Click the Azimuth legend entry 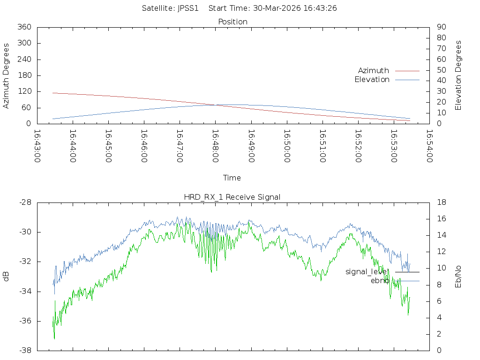(374, 71)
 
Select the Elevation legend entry (372, 80)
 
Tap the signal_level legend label (367, 272)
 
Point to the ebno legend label (380, 281)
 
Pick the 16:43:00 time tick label (37, 147)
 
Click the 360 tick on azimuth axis (24, 27)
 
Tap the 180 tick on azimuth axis (24, 75)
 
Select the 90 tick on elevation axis (440, 27)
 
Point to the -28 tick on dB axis (24, 202)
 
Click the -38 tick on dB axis (24, 351)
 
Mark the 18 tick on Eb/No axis (440, 202)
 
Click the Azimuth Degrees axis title (7, 75)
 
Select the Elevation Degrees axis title (458, 75)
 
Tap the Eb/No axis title (458, 277)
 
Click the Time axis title (232, 178)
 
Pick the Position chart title (233, 22)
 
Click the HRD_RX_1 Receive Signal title (232, 197)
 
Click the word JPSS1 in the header (188, 8)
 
